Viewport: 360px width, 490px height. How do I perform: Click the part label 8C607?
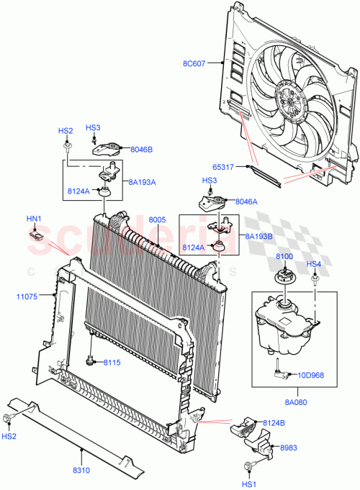click(194, 63)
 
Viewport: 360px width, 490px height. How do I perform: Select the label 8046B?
click(142, 150)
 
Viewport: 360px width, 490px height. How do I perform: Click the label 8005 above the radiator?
click(157, 219)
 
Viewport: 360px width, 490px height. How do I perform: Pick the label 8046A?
click(246, 202)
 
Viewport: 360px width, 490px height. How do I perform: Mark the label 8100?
click(284, 256)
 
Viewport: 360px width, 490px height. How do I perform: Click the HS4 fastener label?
click(314, 264)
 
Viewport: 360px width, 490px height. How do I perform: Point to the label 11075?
click(27, 294)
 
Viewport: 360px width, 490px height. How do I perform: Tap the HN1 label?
click(34, 218)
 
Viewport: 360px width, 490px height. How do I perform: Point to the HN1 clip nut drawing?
click(36, 233)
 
